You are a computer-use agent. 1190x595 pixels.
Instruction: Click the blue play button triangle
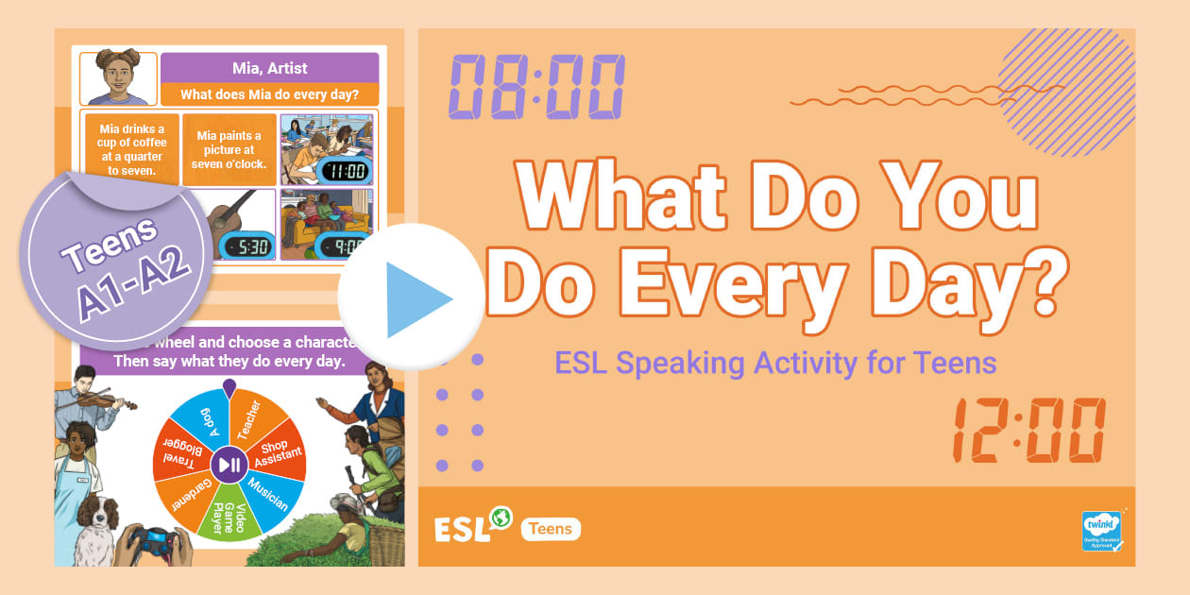[x=416, y=298]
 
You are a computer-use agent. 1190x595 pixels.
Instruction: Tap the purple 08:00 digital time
[x=535, y=85]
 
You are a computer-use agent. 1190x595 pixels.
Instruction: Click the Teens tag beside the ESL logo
[x=551, y=529]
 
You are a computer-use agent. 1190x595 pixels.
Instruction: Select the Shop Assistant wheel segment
[x=277, y=454]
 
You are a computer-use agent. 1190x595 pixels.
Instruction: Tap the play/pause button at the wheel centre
[x=229, y=463]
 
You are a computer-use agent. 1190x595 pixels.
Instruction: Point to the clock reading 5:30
[x=247, y=246]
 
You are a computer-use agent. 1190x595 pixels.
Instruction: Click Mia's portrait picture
[x=119, y=78]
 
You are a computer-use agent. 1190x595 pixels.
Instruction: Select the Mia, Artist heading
[x=269, y=68]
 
